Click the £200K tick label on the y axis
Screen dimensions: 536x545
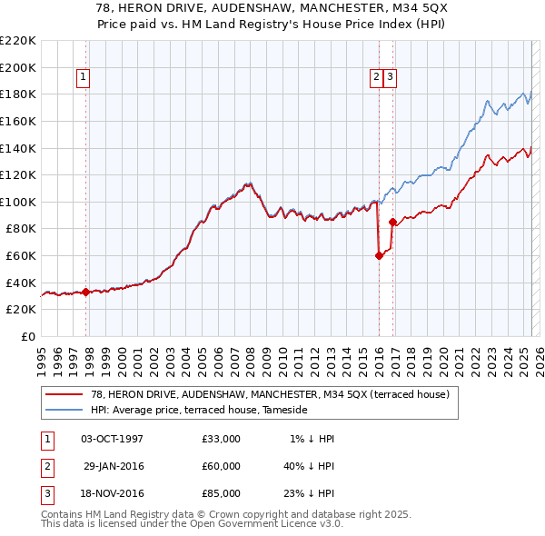coord(18,67)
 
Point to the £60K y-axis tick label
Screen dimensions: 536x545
coord(21,256)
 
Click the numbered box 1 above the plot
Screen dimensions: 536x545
coord(83,78)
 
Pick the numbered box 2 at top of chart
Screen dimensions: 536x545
coord(376,78)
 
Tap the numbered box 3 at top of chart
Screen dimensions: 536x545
coord(390,78)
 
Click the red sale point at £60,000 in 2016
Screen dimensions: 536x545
coord(379,256)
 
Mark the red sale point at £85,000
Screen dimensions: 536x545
coord(392,222)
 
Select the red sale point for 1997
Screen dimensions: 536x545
coord(85,292)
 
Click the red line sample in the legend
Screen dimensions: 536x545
coord(64,394)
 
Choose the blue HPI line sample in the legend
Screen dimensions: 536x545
coord(64,410)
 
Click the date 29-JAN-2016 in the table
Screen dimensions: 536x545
coord(113,466)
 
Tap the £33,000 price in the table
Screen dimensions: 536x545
coord(222,439)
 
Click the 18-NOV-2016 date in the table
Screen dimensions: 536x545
coord(113,493)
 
